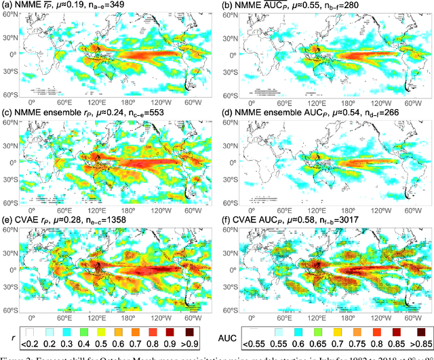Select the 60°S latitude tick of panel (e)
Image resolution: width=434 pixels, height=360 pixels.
point(10,310)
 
